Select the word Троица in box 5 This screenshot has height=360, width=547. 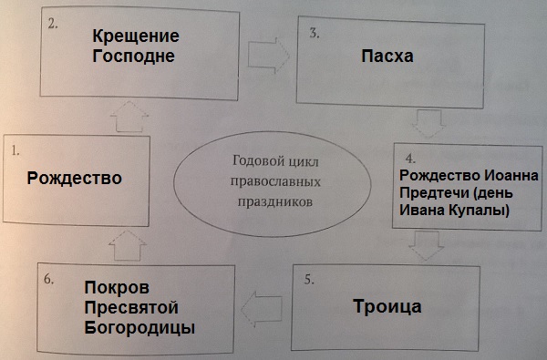387,305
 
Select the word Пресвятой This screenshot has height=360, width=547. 135,306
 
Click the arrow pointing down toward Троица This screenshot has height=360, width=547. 426,243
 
